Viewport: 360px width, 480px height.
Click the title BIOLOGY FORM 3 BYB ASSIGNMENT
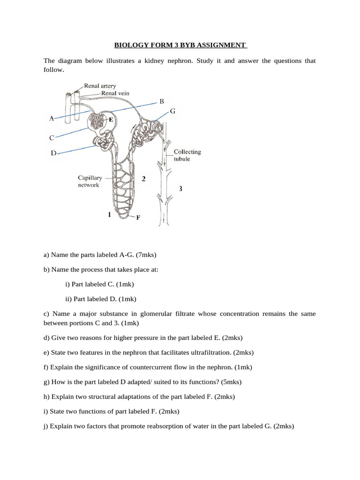pyautogui.click(x=180, y=45)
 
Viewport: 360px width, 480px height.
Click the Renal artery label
pyautogui.click(x=100, y=86)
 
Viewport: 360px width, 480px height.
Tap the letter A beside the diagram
pyautogui.click(x=52, y=119)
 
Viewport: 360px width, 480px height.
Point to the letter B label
pyautogui.click(x=162, y=101)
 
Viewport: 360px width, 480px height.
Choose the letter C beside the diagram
pyautogui.click(x=52, y=138)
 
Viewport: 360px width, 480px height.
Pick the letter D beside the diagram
pyautogui.click(x=53, y=153)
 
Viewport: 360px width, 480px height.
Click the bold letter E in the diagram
pyautogui.click(x=111, y=120)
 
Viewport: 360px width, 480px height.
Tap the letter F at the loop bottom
pyautogui.click(x=138, y=217)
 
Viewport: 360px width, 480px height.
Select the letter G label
pyautogui.click(x=172, y=111)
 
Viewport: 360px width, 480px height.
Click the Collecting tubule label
pyautogui.click(x=187, y=155)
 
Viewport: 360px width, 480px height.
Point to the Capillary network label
pyautogui.click(x=90, y=181)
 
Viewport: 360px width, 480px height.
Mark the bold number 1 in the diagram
pyautogui.click(x=109, y=215)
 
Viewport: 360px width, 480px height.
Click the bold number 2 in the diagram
pyautogui.click(x=143, y=179)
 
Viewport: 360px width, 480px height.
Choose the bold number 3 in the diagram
pyautogui.click(x=180, y=188)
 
